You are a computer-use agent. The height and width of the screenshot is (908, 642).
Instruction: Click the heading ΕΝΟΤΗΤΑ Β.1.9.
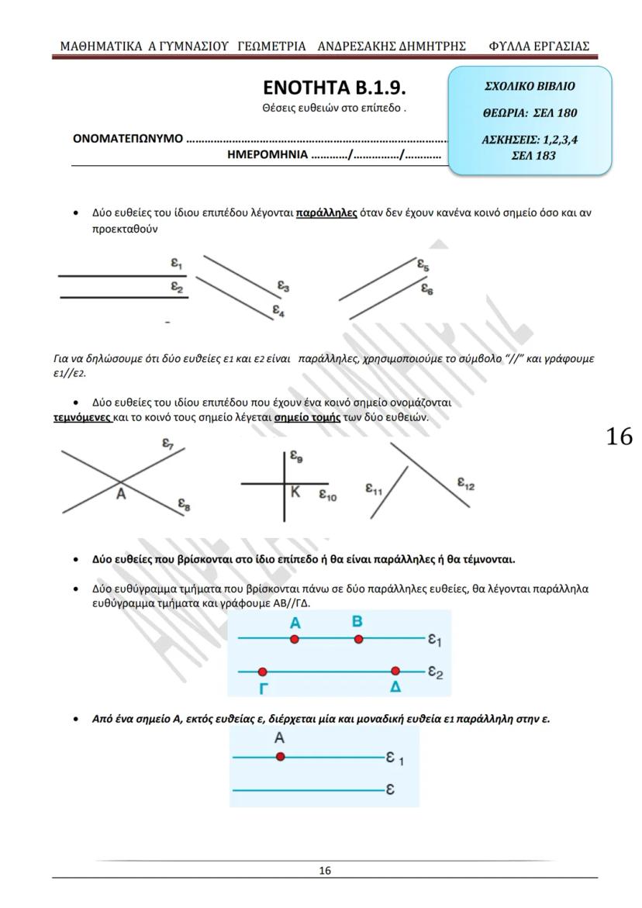pyautogui.click(x=334, y=88)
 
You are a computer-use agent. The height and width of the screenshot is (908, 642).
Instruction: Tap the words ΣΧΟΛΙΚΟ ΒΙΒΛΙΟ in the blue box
pyautogui.click(x=530, y=86)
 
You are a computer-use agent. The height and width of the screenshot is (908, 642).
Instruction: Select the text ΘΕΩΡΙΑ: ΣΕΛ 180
pyautogui.click(x=530, y=113)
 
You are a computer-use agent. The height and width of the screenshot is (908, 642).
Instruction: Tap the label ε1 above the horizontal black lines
pyautogui.click(x=177, y=264)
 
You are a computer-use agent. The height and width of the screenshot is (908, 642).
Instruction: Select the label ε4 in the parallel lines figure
pyautogui.click(x=278, y=310)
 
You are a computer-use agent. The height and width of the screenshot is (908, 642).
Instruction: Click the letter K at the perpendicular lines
pyautogui.click(x=295, y=492)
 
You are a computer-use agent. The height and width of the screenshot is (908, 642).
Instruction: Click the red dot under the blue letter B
pyautogui.click(x=358, y=639)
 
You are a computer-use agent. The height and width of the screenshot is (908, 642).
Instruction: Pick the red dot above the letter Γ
pyautogui.click(x=263, y=672)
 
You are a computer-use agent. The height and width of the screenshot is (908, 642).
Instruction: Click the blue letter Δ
pyautogui.click(x=396, y=688)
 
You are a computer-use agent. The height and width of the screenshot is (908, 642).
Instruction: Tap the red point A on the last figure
pyautogui.click(x=280, y=757)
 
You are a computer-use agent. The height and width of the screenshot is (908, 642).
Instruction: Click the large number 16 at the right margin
pyautogui.click(x=619, y=437)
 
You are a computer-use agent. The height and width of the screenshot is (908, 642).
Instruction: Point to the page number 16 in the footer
pyautogui.click(x=325, y=871)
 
